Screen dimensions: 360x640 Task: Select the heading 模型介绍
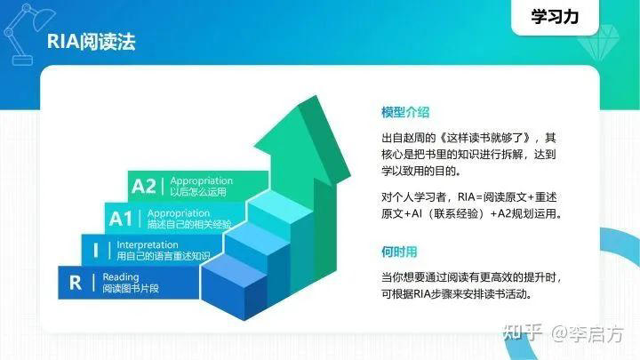tap(405, 113)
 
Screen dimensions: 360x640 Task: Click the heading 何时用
tap(399, 252)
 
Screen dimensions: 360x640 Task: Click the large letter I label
tap(96, 250)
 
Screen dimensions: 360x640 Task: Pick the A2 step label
tap(143, 186)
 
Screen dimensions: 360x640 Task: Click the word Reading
tap(121, 276)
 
